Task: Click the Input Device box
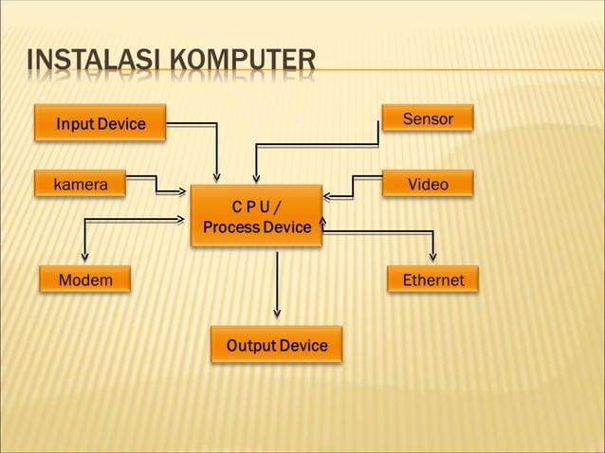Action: point(101,123)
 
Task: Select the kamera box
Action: point(81,184)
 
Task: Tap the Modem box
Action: point(85,280)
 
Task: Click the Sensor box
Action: point(427,119)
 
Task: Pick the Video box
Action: point(427,184)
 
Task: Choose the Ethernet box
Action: point(433,280)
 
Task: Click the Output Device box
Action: point(276,346)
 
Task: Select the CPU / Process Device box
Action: point(256,217)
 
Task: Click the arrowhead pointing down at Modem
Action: point(85,256)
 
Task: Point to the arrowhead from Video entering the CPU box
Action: point(327,197)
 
